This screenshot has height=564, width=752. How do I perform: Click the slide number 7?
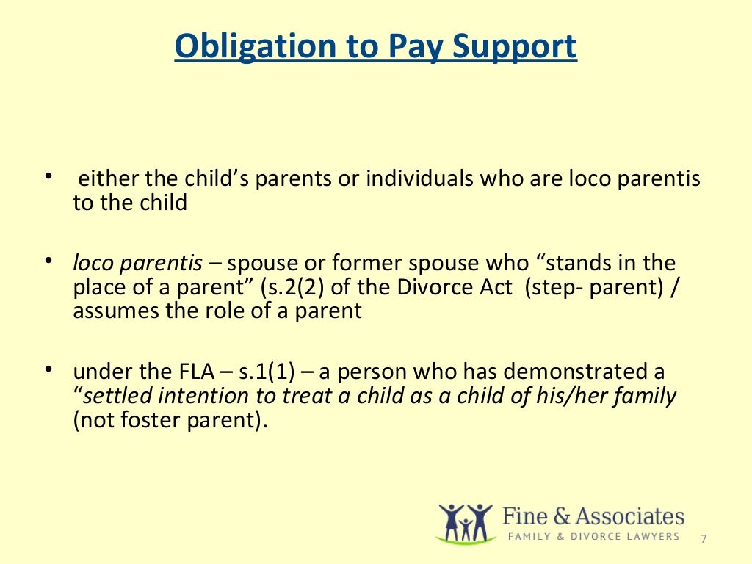point(704,538)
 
